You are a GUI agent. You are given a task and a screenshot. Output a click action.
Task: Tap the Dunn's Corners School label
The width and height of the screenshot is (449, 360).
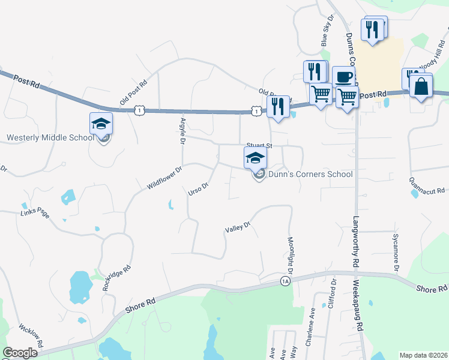[310, 175]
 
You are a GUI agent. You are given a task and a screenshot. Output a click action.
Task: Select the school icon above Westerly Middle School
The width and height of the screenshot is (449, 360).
[101, 124]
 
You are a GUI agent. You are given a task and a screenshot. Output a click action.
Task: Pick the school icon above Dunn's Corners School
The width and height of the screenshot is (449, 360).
[255, 158]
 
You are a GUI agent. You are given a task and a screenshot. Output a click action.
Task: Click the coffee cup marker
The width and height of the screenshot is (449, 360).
[343, 77]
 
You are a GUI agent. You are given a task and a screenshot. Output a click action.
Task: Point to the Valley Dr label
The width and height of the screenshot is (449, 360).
[237, 228]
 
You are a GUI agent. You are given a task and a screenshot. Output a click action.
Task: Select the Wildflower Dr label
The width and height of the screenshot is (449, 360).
[164, 179]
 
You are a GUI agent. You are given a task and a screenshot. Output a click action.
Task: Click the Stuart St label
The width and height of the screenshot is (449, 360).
[259, 146]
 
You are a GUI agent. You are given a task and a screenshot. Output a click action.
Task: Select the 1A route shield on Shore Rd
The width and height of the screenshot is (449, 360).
[285, 281]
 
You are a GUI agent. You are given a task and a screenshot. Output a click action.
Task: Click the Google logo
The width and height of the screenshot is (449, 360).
[20, 353]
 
